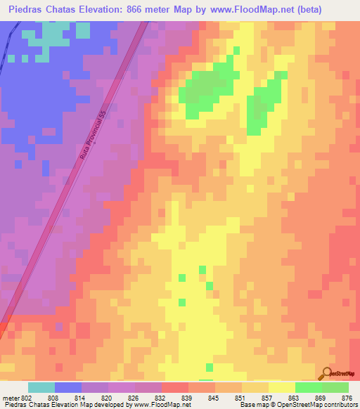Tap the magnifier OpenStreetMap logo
[327, 373]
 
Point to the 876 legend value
[347, 398]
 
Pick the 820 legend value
[108, 398]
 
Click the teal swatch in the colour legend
[41, 387]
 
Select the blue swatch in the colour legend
[68, 387]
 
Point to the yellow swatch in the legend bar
[281, 387]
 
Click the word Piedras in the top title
[29, 8]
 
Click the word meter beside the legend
[10, 398]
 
